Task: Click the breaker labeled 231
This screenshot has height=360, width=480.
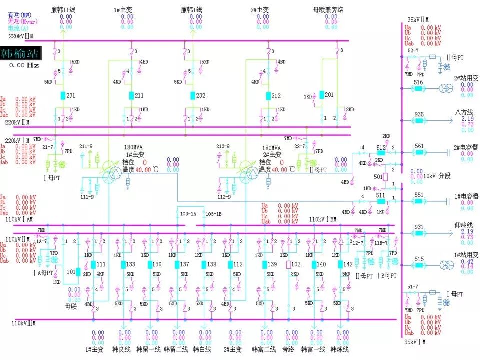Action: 62,95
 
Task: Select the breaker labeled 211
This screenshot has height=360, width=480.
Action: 131,95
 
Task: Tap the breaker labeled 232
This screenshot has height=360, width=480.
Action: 192,95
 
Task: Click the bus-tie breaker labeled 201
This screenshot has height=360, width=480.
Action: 322,95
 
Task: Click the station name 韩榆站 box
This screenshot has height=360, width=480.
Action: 20,53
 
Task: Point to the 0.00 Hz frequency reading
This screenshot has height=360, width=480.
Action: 25,65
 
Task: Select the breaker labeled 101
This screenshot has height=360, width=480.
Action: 78,272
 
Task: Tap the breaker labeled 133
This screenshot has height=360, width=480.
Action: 123,264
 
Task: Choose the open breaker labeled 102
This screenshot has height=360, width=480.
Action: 288,264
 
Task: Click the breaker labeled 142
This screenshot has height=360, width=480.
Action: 340,264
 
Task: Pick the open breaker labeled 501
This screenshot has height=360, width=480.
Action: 385,177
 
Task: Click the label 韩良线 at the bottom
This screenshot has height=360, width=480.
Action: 122,349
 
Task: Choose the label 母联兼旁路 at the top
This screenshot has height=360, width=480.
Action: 330,10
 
